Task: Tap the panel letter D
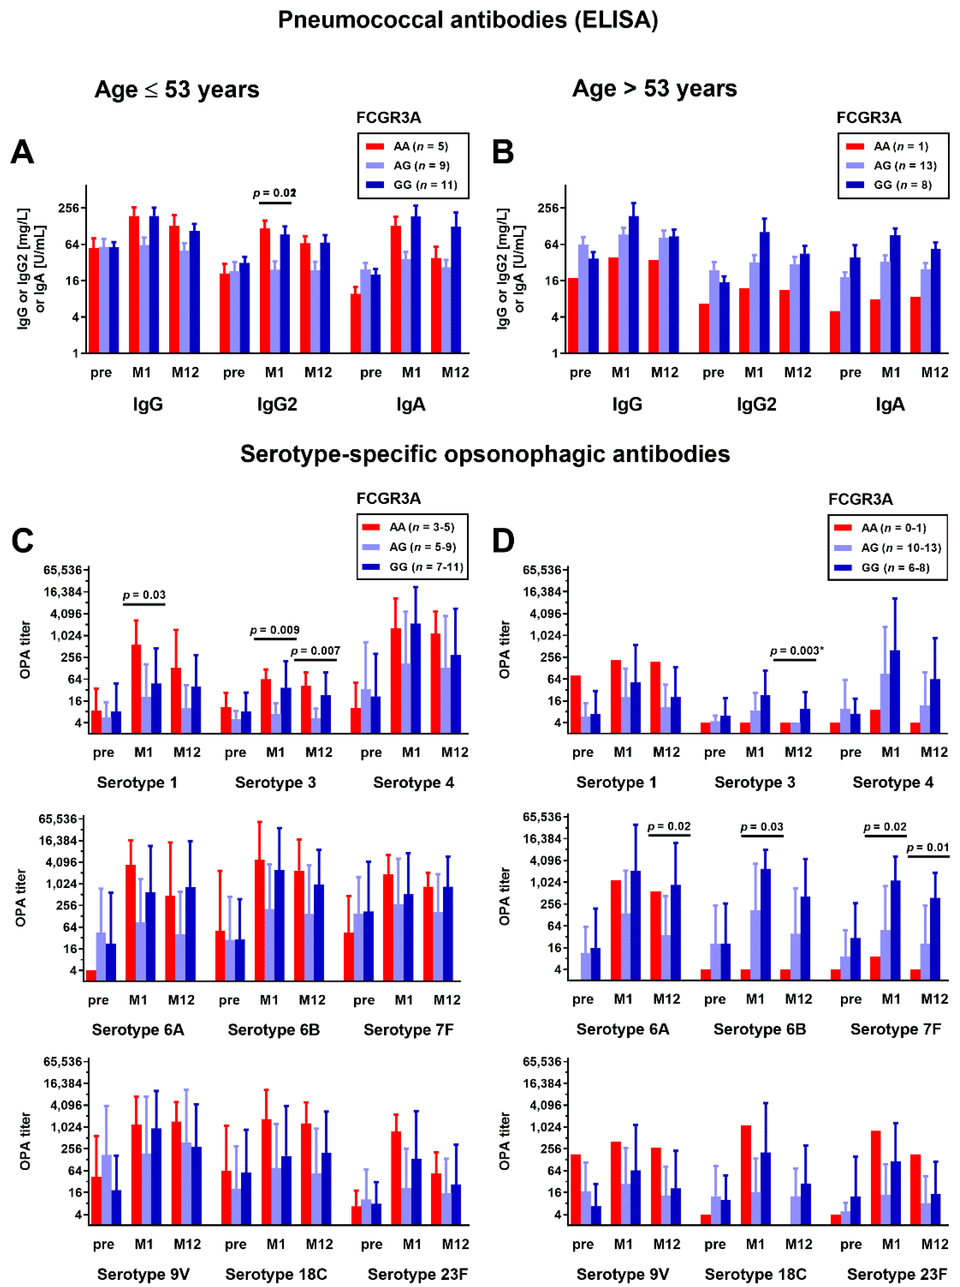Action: pos(503,540)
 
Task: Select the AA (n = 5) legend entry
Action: pos(420,146)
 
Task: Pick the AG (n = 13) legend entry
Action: pos(905,166)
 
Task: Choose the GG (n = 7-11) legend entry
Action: pos(426,567)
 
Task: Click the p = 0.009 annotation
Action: pos(275,630)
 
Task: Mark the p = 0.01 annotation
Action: pos(927,848)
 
